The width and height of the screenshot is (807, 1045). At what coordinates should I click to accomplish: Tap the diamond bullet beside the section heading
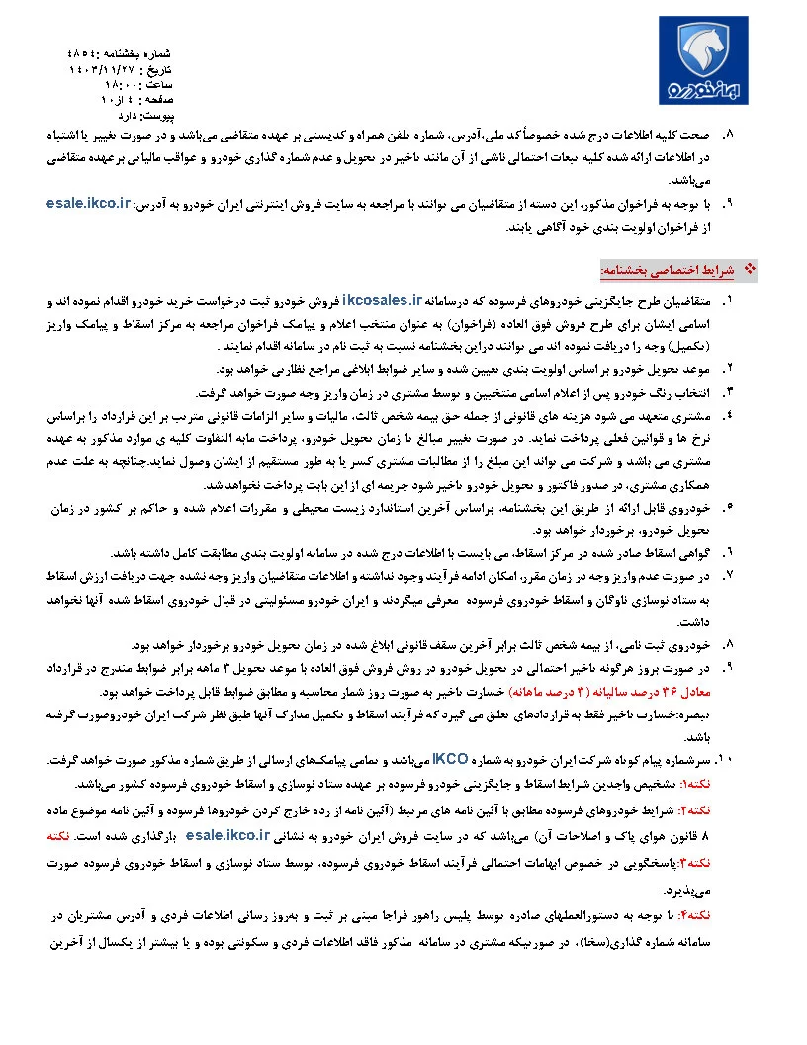click(748, 269)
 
